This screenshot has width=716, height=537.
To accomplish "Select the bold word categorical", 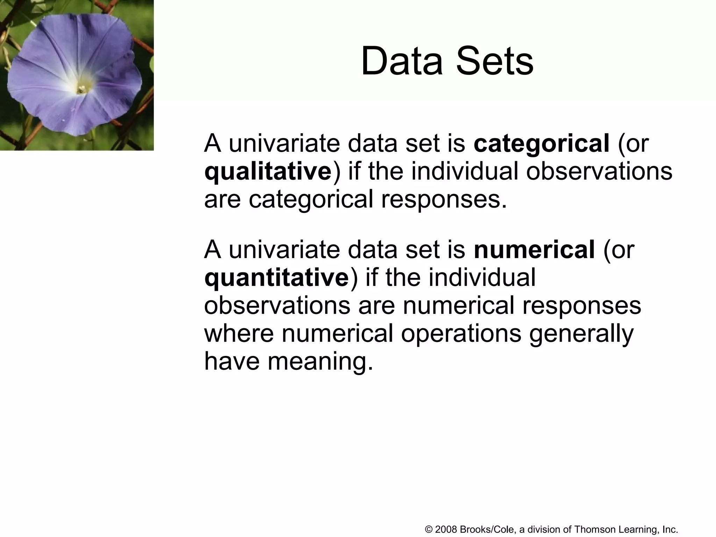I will pyautogui.click(x=542, y=143).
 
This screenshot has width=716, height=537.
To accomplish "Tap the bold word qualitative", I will pyautogui.click(x=268, y=171).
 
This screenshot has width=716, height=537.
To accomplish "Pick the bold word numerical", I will pyautogui.click(x=534, y=250).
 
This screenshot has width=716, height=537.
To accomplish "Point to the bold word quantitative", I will pyautogui.click(x=277, y=278).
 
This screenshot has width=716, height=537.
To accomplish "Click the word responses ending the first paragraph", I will pyautogui.click(x=444, y=199).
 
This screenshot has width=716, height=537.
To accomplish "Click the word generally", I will pyautogui.click(x=581, y=334).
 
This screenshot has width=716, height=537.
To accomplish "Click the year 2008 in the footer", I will pyautogui.click(x=446, y=530).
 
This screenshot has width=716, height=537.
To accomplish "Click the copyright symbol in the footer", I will pyautogui.click(x=429, y=530).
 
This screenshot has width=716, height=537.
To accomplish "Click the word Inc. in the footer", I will pyautogui.click(x=670, y=530).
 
